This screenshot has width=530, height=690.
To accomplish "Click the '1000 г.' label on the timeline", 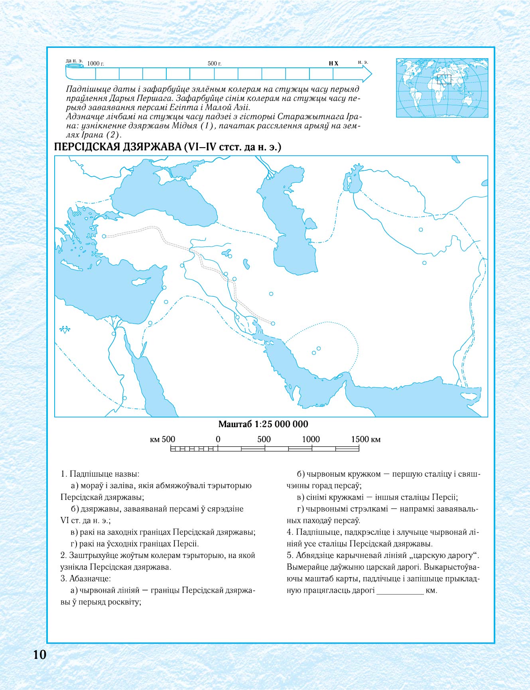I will click(96, 63).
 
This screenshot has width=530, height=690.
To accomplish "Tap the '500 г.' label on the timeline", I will click(215, 63).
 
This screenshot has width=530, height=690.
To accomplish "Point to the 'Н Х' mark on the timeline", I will click(333, 63).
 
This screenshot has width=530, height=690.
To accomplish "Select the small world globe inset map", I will click(442, 88).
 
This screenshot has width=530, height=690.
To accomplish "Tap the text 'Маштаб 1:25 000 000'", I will click(263, 424).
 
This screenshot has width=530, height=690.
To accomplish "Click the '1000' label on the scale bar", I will click(311, 439).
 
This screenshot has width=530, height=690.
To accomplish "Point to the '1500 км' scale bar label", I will click(366, 439).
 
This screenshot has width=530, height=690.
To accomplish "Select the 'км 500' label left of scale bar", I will click(162, 439).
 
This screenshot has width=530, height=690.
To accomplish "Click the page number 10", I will click(40, 655).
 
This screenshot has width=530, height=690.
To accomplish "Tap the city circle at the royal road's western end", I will click(104, 237).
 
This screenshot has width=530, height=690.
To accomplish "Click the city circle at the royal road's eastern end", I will click(273, 323).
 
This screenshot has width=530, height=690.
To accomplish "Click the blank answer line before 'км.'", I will click(400, 591).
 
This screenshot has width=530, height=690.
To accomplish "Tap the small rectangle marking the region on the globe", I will click(444, 79).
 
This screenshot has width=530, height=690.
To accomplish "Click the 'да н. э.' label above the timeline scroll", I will click(74, 61).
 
